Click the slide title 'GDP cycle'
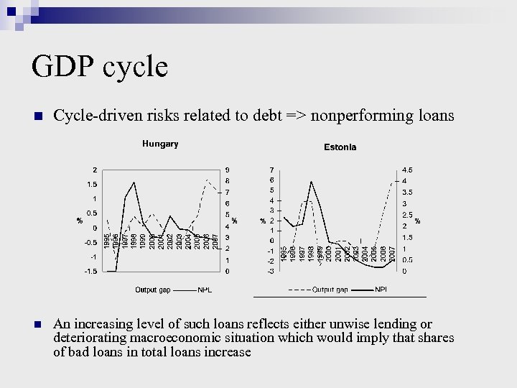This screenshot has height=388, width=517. click(100, 68)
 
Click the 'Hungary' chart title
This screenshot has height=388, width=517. click(159, 144)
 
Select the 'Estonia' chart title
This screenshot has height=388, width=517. click(340, 147)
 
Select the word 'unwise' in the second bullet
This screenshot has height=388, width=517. click(363, 324)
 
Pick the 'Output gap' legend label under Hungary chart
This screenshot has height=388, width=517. click(153, 290)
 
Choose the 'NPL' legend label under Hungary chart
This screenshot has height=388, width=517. click(205, 290)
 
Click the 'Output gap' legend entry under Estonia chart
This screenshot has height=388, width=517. click(330, 290)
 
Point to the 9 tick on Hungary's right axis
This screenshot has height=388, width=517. click(228, 170)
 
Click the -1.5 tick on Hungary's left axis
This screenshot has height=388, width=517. click(90, 271)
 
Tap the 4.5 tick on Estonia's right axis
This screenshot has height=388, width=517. click(407, 170)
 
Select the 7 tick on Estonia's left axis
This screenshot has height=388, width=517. click(271, 170)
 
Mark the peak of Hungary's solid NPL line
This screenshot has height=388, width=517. click(134, 176)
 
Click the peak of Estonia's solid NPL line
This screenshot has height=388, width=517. click(311, 182)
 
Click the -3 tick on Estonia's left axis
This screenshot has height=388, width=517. click(270, 271)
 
